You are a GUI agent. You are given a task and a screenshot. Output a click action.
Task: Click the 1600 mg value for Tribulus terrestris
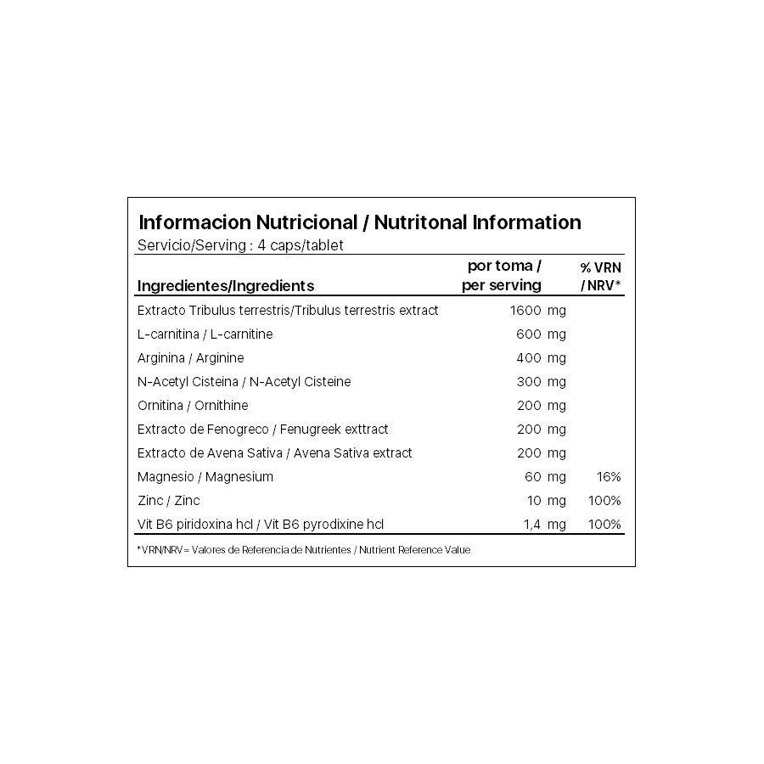pyautogui.click(x=537, y=311)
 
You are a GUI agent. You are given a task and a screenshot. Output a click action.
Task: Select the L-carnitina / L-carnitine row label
pyautogui.click(x=205, y=334)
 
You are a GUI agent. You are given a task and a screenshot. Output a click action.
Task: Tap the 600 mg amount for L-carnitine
pyautogui.click(x=541, y=334)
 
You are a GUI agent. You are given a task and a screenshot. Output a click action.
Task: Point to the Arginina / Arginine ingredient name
pyautogui.click(x=190, y=358)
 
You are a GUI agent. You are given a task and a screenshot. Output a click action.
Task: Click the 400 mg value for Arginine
pyautogui.click(x=541, y=358)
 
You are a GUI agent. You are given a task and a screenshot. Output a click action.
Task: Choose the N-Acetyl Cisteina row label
pyautogui.click(x=244, y=382)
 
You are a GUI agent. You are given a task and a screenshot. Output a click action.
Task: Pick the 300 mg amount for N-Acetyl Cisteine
pyautogui.click(x=541, y=382)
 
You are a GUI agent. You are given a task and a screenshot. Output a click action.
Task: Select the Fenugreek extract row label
pyautogui.click(x=262, y=430)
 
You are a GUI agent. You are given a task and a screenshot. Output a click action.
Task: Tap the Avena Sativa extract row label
pyautogui.click(x=274, y=453)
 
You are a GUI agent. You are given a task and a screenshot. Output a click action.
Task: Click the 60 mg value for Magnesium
pyautogui.click(x=545, y=477)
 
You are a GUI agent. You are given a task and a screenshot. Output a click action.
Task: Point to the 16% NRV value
pyautogui.click(x=609, y=477)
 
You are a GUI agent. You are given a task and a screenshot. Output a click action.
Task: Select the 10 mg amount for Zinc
pyautogui.click(x=545, y=501)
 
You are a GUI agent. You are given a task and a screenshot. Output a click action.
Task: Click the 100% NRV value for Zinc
pyautogui.click(x=604, y=501)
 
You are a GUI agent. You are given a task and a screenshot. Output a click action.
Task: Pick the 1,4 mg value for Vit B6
pyautogui.click(x=544, y=525)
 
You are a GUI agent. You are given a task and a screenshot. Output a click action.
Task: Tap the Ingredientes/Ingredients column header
pyautogui.click(x=226, y=286)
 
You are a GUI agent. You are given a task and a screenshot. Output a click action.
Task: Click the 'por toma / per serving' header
pyautogui.click(x=502, y=276)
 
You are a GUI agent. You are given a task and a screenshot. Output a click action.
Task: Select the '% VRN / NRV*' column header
pyautogui.click(x=601, y=276)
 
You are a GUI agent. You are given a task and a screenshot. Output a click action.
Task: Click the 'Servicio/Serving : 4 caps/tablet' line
pyautogui.click(x=240, y=245)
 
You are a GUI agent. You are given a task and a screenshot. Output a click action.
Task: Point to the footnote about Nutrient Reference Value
pyautogui.click(x=304, y=550)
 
